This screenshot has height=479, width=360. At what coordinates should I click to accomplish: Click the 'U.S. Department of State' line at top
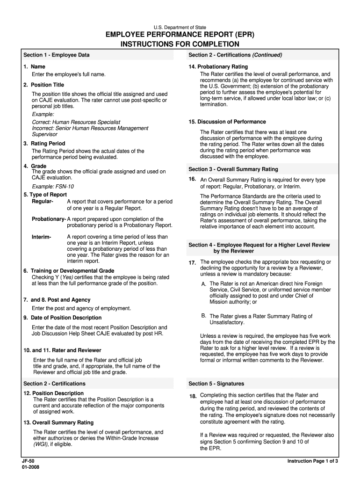click(x=180, y=28)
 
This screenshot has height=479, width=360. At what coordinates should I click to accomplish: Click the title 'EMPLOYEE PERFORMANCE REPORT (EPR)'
click(x=180, y=36)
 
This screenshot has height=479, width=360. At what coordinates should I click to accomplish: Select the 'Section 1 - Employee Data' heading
click(x=57, y=55)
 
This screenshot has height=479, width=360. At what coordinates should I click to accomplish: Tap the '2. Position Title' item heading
click(x=43, y=85)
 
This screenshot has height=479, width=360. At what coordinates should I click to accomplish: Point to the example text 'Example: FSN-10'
click(x=53, y=187)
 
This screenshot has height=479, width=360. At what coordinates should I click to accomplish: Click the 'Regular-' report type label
click(x=43, y=202)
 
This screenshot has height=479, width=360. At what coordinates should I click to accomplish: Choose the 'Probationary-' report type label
click(x=49, y=219)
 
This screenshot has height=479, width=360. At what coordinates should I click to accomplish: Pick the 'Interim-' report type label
click(x=42, y=237)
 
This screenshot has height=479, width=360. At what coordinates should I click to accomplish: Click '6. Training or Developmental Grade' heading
click(x=69, y=271)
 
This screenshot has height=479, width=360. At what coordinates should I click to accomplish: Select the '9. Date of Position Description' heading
click(x=62, y=318)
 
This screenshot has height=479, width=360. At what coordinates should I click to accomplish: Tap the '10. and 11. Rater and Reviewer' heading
click(x=62, y=350)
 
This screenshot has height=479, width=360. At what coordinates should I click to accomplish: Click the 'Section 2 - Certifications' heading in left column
click(x=54, y=384)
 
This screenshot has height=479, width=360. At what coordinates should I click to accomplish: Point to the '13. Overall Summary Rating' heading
click(x=58, y=423)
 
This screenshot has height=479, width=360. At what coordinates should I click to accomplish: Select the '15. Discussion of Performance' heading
click(x=227, y=122)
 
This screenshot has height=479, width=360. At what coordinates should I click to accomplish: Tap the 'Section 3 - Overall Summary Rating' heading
click(x=233, y=169)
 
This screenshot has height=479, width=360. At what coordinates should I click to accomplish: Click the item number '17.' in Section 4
click(x=192, y=263)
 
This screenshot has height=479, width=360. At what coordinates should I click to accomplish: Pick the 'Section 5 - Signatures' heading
click(x=216, y=384)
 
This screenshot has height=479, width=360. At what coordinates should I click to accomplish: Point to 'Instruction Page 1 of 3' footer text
click(x=312, y=461)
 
